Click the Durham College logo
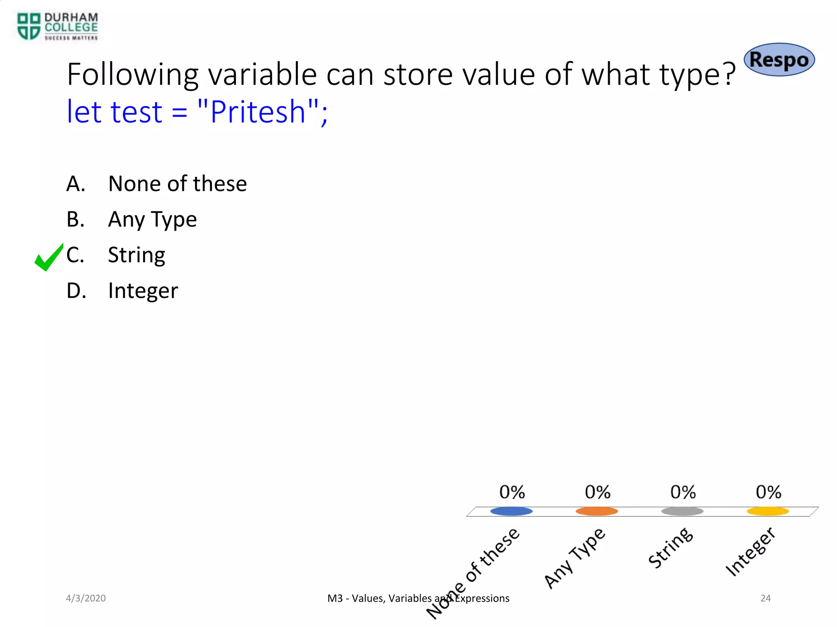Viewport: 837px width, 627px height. coord(57,27)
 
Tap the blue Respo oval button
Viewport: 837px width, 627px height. coord(779,60)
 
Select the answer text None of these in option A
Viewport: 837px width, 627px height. coord(177,184)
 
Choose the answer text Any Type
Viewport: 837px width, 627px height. coord(152,219)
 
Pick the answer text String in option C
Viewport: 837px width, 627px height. coord(137,255)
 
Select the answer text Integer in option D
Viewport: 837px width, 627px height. coord(143,291)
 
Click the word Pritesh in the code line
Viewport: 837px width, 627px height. coord(258,111)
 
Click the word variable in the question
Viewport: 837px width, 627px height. coord(262,75)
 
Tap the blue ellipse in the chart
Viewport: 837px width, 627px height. coord(511,511)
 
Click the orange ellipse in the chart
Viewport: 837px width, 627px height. coord(597,511)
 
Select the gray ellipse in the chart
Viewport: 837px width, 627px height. coord(682,511)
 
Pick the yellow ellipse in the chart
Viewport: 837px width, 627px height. coord(768,511)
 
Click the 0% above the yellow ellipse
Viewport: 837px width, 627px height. coord(768,492)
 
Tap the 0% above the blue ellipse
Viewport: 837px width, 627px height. coord(512,492)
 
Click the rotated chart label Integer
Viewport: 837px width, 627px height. coord(750,552)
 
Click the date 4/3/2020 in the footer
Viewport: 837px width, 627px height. coord(86,598)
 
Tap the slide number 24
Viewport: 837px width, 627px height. coord(765,598)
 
